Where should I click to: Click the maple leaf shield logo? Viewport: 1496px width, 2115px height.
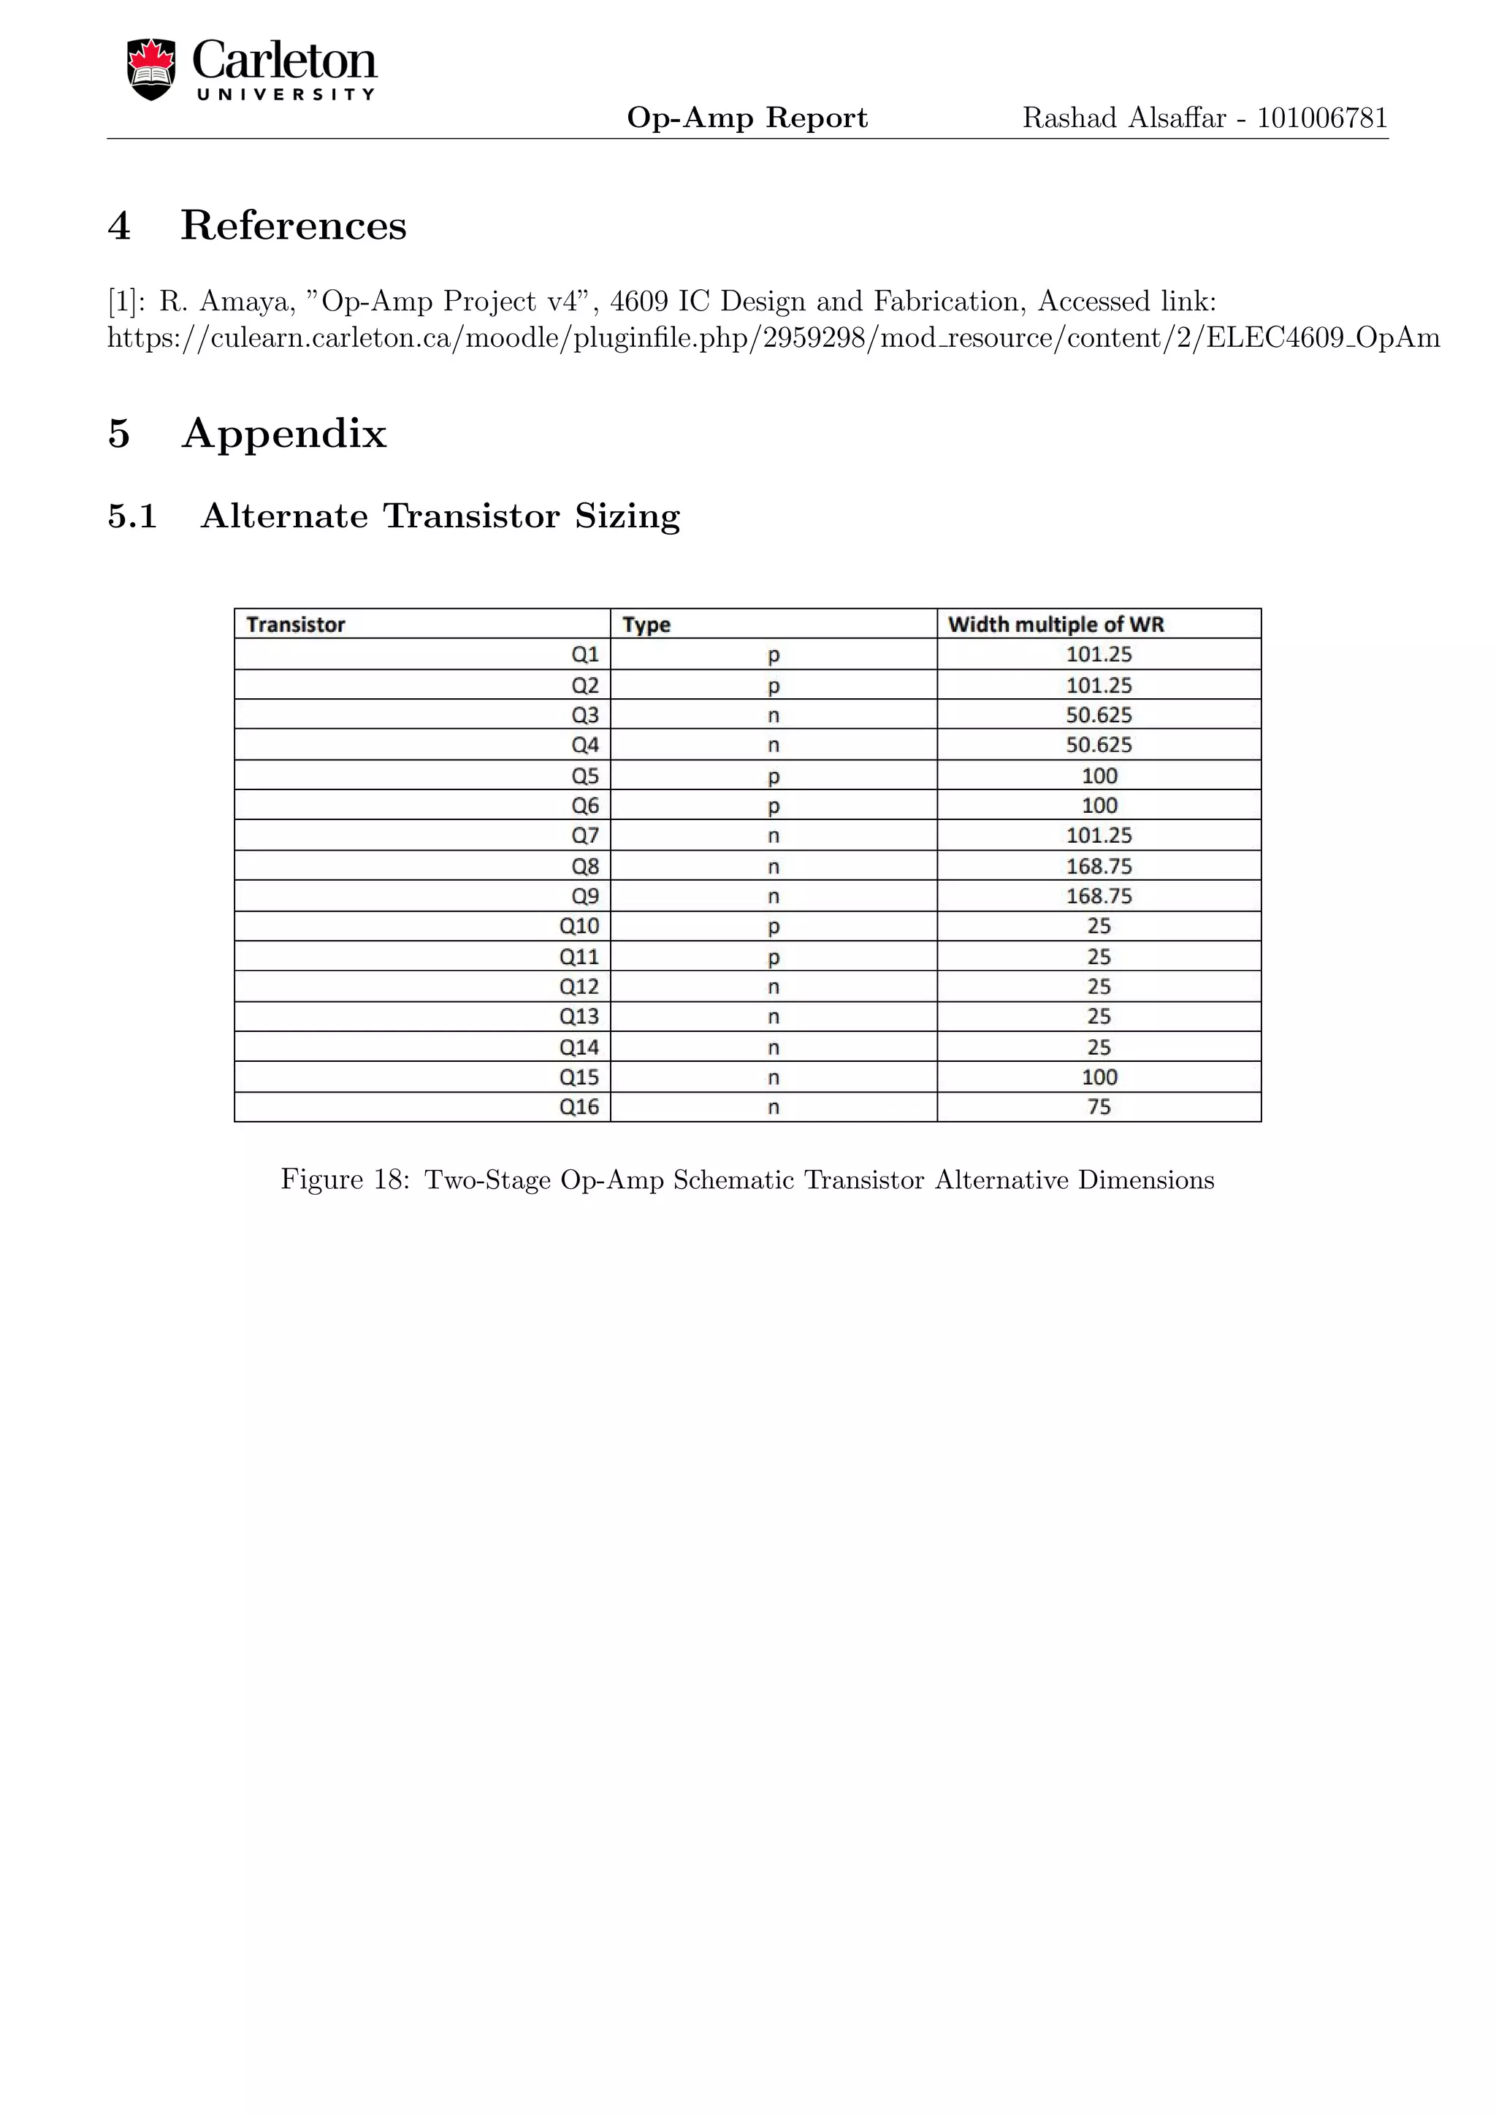tap(151, 69)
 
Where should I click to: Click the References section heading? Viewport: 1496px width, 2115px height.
tap(293, 226)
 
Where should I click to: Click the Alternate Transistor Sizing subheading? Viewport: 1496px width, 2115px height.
tap(440, 516)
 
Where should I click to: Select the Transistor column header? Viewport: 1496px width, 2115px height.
tap(296, 624)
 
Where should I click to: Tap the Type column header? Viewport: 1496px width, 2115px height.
tap(646, 624)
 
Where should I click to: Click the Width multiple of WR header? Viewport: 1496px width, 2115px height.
tap(1056, 624)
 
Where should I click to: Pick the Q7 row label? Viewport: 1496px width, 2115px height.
tap(585, 835)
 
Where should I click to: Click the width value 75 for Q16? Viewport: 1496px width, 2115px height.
tap(1099, 1107)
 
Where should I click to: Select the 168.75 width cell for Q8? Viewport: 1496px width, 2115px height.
tap(1099, 866)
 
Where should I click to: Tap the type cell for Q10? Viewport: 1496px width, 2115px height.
tap(774, 927)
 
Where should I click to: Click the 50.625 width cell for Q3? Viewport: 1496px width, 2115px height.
tap(1099, 715)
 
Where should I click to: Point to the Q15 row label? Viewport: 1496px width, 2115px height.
tap(579, 1076)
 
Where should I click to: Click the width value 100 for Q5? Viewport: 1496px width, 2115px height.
tap(1099, 776)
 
